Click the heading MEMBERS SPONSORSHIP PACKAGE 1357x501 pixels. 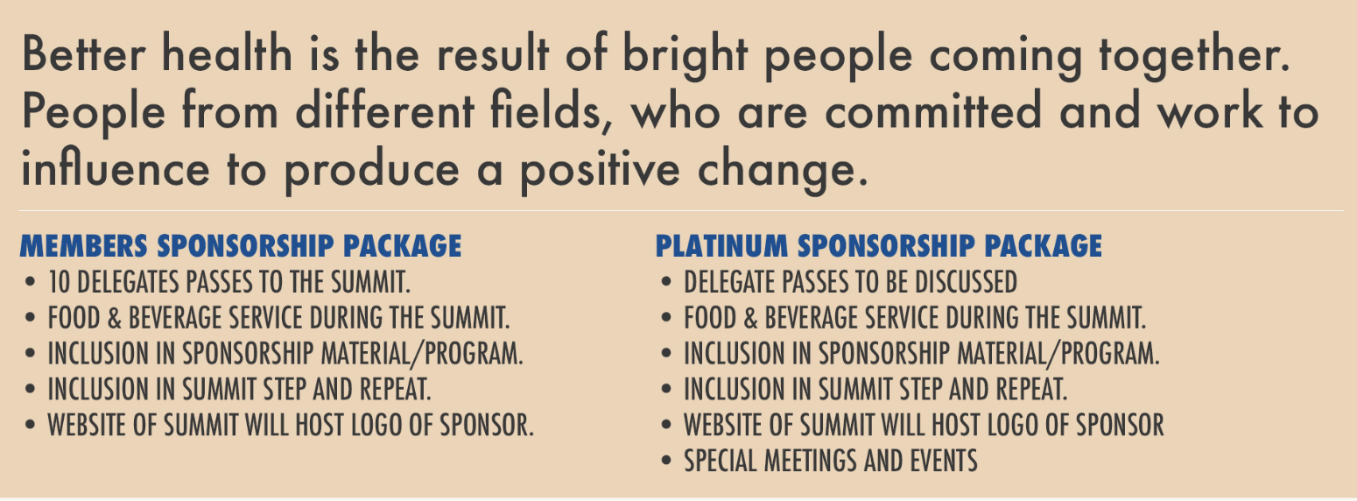pyautogui.click(x=241, y=246)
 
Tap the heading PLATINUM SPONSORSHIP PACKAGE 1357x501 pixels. pyautogui.click(x=878, y=246)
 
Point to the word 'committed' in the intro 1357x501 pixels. pyautogui.click(x=933, y=109)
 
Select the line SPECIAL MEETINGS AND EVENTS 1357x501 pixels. pyautogui.click(x=831, y=461)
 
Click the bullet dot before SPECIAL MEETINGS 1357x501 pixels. pyautogui.click(x=666, y=461)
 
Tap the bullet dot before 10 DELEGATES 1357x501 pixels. pyautogui.click(x=31, y=282)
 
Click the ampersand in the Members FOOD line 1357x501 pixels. pyautogui.click(x=115, y=318)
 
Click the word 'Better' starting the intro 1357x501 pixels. pyautogui.click(x=83, y=54)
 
